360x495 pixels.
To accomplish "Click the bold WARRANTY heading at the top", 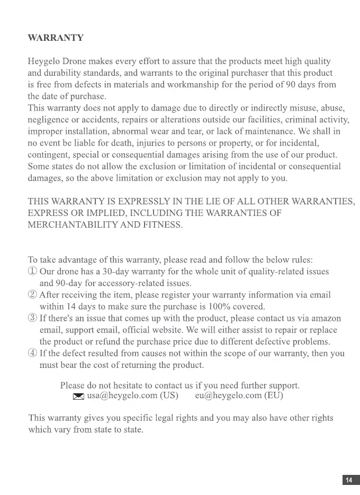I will tap(56, 38).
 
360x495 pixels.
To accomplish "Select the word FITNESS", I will tap(163, 225).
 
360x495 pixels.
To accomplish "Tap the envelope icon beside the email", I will tap(78, 396).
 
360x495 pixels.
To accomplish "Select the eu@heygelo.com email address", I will tap(228, 395).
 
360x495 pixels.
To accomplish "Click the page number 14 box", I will tap(348, 480).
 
